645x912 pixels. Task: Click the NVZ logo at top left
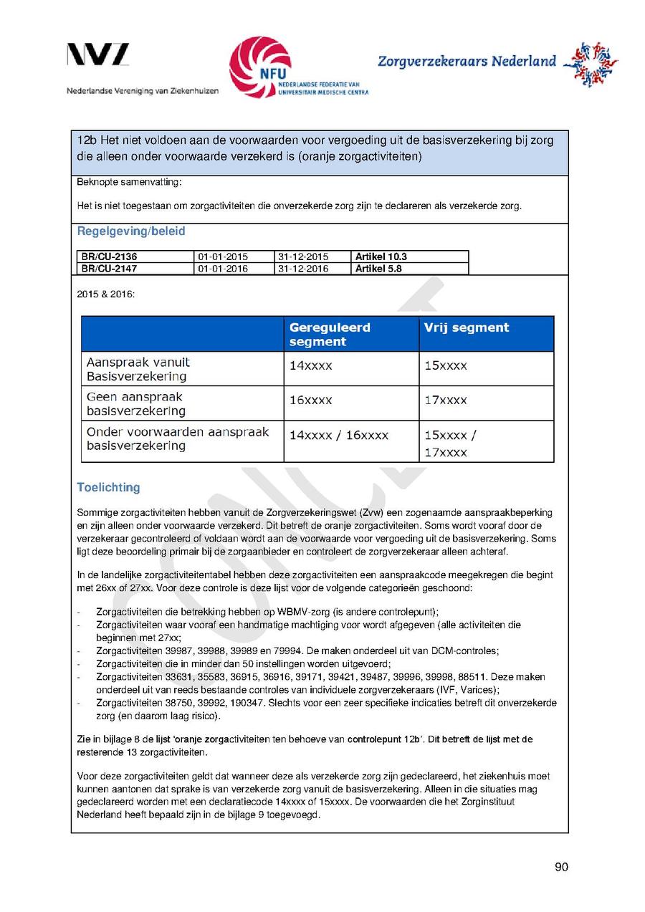coord(98,55)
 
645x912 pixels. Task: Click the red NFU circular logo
coord(260,67)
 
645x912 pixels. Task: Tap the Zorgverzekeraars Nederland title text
coord(467,61)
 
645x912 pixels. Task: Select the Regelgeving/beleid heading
coord(130,231)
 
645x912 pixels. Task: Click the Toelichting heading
coord(108,487)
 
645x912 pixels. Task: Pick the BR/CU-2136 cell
coord(109,256)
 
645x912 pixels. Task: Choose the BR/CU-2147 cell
coord(109,269)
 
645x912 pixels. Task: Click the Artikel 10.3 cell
coord(381,256)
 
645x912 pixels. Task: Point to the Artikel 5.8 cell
coord(378,269)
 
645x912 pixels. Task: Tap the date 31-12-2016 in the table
coord(302,269)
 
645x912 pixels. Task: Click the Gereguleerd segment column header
coord(330,335)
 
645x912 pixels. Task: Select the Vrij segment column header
coord(467,328)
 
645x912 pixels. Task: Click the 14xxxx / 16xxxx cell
coord(338,435)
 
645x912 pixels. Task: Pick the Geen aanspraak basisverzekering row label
coord(135,403)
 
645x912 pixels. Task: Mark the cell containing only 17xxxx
coord(445,400)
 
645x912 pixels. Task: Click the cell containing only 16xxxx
coord(310,400)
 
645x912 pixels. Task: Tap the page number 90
coord(561,868)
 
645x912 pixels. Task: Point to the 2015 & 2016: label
coord(105,294)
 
